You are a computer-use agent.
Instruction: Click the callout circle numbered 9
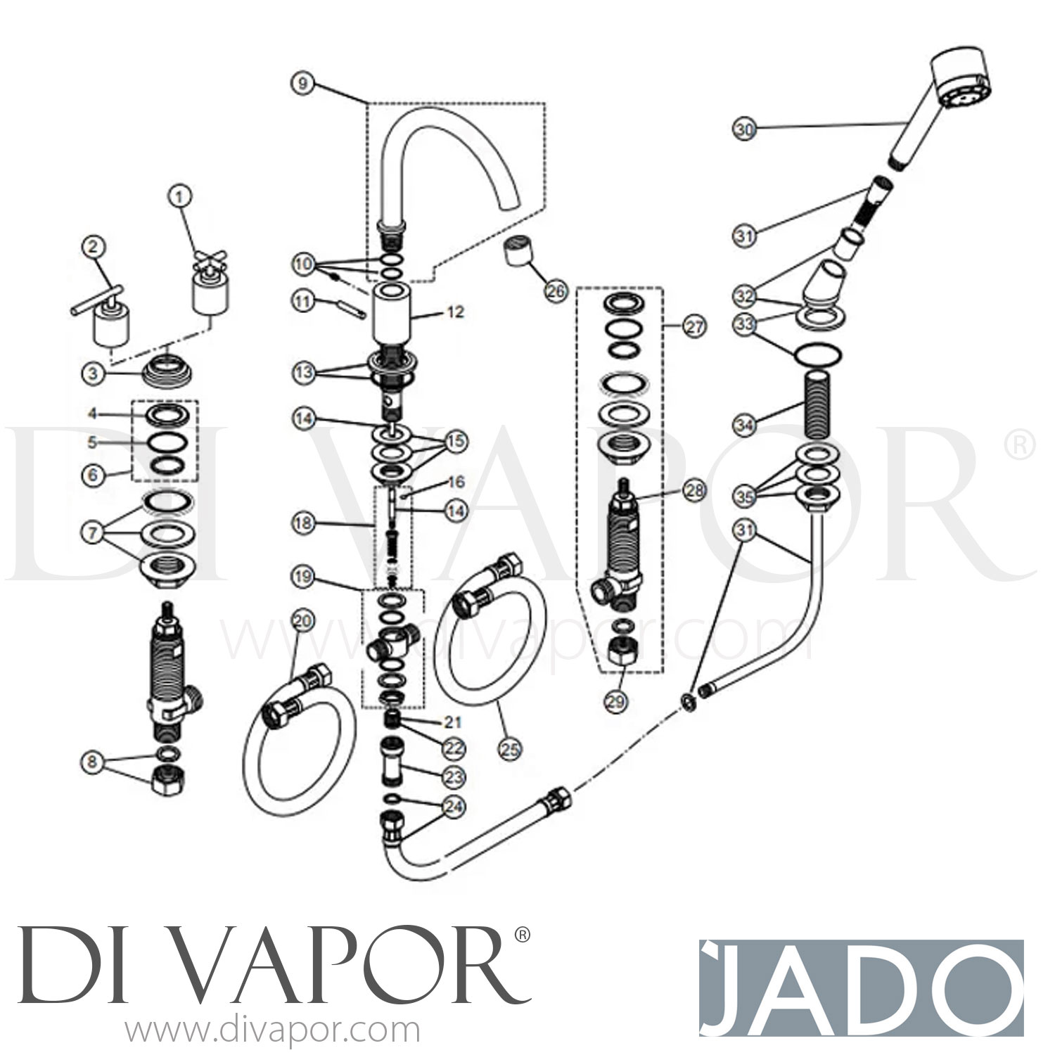pos(302,84)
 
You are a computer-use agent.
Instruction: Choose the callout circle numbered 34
pos(744,424)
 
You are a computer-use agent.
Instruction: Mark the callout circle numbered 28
pos(695,490)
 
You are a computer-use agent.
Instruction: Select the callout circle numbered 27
pos(695,326)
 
